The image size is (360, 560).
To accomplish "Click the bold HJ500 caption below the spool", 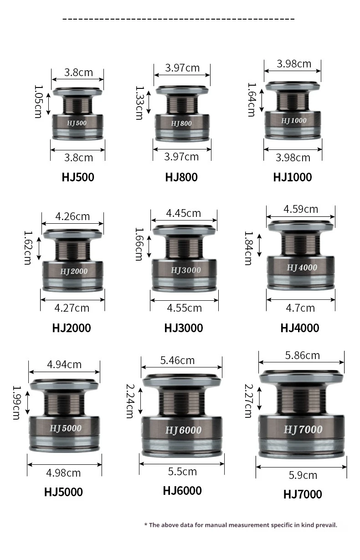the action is click(x=78, y=177).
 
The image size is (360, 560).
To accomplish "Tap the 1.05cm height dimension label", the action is click(x=38, y=102).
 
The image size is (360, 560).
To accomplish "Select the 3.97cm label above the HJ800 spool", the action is click(x=182, y=68).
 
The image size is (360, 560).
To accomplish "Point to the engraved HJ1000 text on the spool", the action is click(x=294, y=120).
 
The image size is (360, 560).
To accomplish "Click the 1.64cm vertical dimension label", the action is click(x=252, y=100).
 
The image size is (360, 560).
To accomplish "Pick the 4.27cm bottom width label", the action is click(x=72, y=308).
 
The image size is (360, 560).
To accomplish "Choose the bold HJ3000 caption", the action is click(x=184, y=328).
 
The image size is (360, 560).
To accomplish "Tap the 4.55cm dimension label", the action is click(x=184, y=308).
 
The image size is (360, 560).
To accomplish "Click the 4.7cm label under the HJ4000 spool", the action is click(x=300, y=308).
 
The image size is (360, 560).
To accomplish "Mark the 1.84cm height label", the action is click(x=248, y=248).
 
